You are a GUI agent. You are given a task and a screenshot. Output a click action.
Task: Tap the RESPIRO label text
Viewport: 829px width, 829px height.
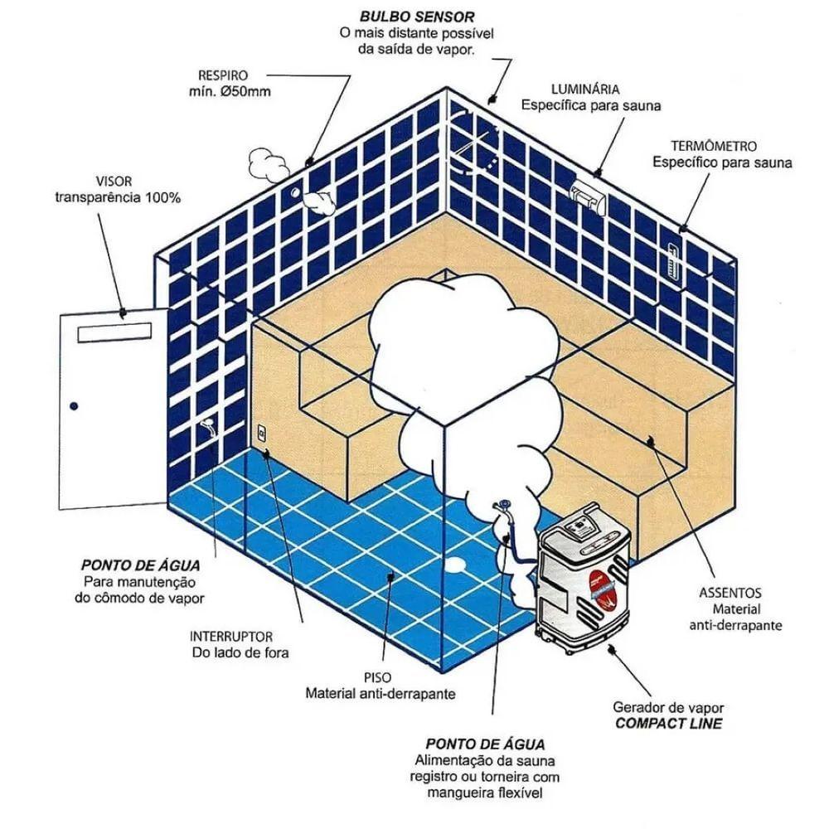click(x=222, y=74)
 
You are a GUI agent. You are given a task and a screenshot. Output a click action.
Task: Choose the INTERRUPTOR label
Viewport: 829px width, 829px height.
click(x=231, y=637)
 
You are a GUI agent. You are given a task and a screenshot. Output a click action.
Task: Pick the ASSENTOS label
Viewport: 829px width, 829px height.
click(x=730, y=594)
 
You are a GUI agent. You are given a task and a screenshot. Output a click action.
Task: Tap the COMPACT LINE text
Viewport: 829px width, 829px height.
click(x=668, y=724)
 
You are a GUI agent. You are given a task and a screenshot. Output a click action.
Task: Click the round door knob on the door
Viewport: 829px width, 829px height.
click(x=75, y=405)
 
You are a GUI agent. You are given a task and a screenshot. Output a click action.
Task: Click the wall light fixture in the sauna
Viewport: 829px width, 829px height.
click(x=587, y=193)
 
